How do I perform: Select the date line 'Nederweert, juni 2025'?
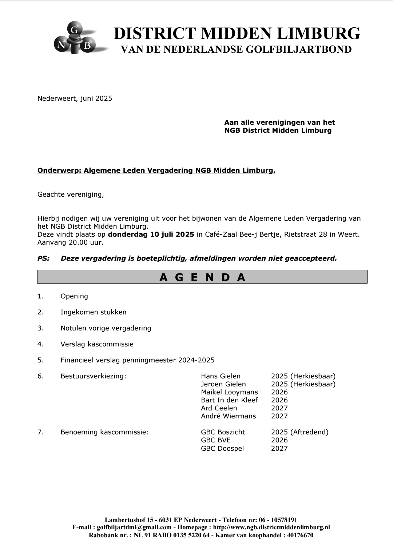75,99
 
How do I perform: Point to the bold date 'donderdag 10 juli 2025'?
151,234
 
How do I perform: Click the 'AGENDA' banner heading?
202,277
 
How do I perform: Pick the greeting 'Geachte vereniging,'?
71,194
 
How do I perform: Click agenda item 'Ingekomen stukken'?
94,312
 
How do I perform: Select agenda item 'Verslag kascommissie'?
97,344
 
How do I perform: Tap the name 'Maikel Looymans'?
229,392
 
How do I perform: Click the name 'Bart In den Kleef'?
229,400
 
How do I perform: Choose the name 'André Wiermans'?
228,416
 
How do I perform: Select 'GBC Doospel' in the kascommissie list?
222,449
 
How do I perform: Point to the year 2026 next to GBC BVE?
279,440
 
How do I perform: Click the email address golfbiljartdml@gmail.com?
134,527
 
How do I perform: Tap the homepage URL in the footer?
271,527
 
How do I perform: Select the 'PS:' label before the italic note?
43,258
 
